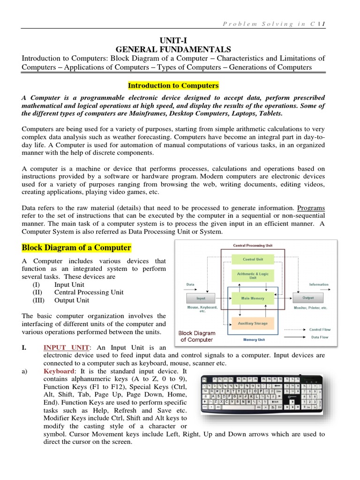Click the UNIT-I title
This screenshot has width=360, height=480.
click(173, 40)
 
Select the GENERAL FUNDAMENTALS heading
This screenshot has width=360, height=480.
click(173, 49)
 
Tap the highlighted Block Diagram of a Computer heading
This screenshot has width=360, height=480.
click(77, 247)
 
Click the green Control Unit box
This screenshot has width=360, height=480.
click(253, 259)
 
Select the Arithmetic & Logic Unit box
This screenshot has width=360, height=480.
click(253, 276)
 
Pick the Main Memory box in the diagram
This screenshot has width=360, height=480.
click(253, 298)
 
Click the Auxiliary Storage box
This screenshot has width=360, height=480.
click(253, 323)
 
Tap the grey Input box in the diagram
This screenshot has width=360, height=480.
click(201, 298)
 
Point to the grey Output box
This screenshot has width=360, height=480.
click(308, 298)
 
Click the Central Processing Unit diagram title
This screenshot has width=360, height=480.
click(253, 245)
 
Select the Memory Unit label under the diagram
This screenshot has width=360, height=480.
click(254, 339)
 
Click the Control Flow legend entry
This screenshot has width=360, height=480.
click(319, 330)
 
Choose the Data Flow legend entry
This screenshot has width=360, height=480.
click(319, 337)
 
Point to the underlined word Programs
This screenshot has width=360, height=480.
click(311, 208)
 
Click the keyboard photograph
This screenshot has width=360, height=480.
click(262, 394)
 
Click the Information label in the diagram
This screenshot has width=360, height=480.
click(319, 285)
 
